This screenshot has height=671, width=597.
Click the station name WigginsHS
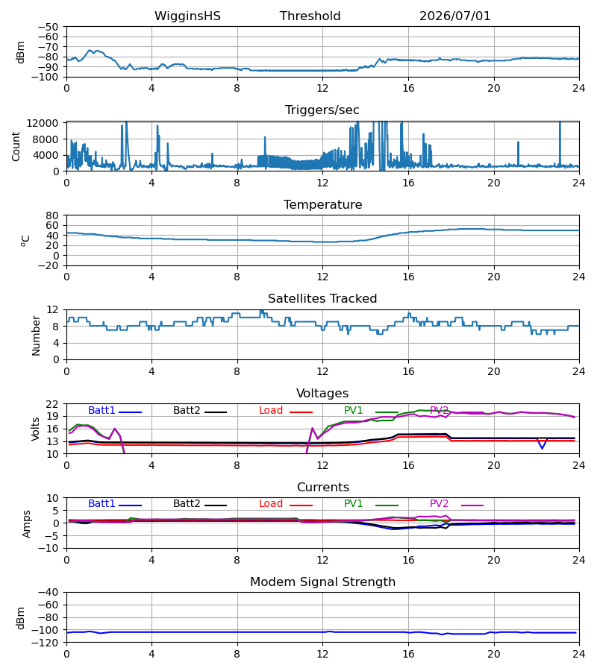click(x=187, y=16)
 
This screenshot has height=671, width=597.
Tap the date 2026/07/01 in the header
click(x=454, y=16)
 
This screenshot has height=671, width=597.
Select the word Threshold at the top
click(x=310, y=16)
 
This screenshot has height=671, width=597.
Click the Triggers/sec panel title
click(x=322, y=110)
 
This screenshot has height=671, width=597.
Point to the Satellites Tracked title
click(x=322, y=299)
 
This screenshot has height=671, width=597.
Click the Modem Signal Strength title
click(x=322, y=582)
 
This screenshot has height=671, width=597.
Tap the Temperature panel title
click(x=322, y=204)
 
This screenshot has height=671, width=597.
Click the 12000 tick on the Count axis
click(x=43, y=123)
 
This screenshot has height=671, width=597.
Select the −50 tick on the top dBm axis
click(x=48, y=27)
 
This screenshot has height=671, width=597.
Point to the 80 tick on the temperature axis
click(x=52, y=215)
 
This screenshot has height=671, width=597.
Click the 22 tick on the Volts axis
click(x=52, y=404)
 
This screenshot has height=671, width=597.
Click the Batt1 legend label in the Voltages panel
click(x=101, y=410)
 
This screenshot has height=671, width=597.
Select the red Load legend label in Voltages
click(x=271, y=410)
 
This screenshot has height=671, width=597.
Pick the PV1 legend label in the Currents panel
click(x=353, y=504)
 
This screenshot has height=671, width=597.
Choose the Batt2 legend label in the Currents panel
click(x=187, y=504)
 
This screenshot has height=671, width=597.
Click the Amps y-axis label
click(x=27, y=524)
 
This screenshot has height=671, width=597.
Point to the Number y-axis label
click(x=36, y=335)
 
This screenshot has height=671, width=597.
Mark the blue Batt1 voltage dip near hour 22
click(x=543, y=448)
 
